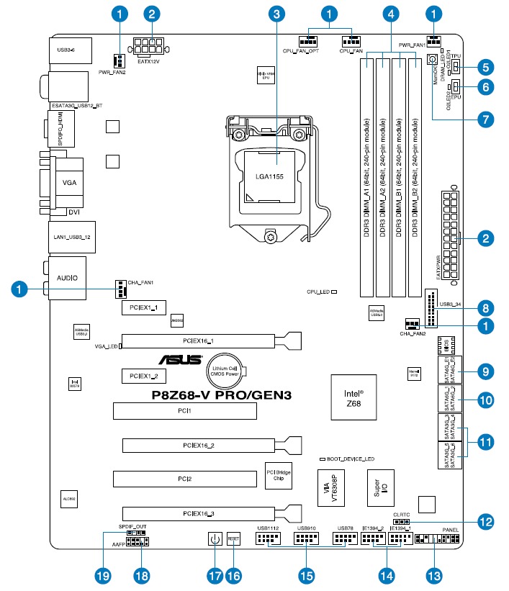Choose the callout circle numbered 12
click(x=487, y=519)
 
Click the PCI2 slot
click(x=184, y=478)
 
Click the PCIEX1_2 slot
click(x=144, y=376)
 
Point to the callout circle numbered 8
click(x=487, y=305)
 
